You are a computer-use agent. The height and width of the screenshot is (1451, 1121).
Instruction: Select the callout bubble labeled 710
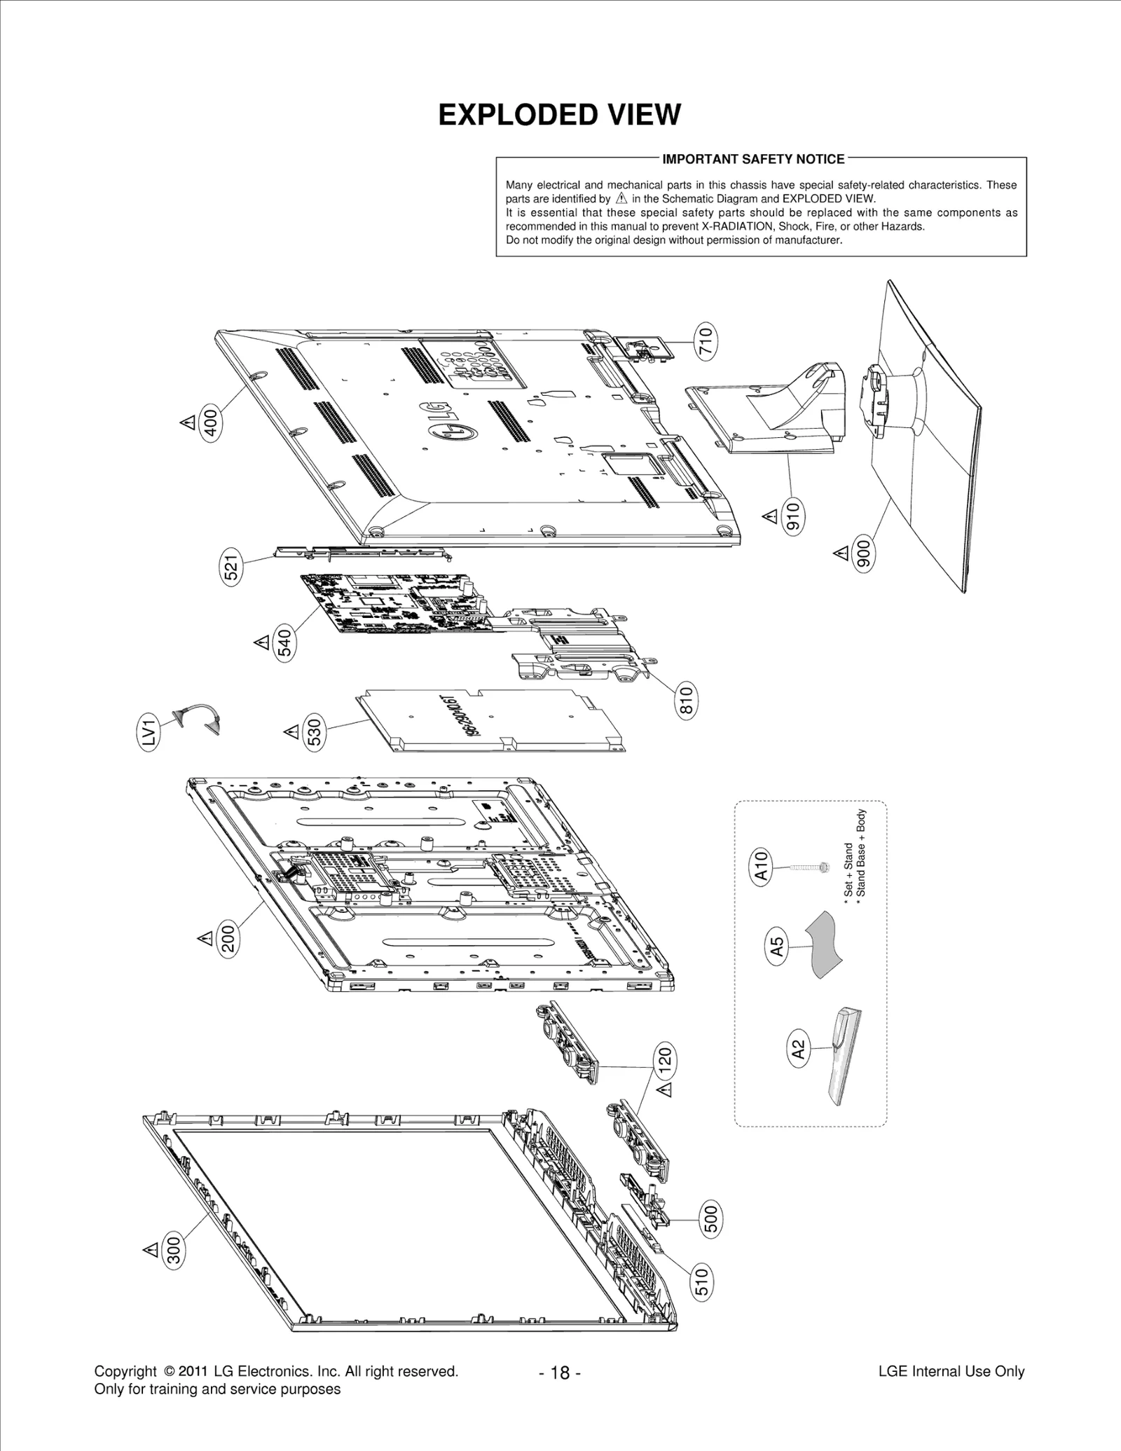click(706, 341)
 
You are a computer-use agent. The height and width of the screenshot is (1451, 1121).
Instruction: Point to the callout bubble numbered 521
click(232, 566)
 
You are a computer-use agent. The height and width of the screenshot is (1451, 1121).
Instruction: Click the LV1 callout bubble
click(149, 732)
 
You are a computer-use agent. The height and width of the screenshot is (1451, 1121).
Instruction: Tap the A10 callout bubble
click(762, 867)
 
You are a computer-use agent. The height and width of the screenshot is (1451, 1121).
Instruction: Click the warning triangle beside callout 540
click(262, 641)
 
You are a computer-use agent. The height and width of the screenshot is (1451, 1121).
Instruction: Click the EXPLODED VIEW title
click(559, 115)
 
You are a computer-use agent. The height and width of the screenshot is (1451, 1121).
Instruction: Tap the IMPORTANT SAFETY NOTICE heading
click(753, 159)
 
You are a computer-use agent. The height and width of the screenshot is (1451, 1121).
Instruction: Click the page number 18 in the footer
click(560, 1373)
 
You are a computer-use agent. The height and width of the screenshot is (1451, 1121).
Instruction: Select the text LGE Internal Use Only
click(951, 1371)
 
